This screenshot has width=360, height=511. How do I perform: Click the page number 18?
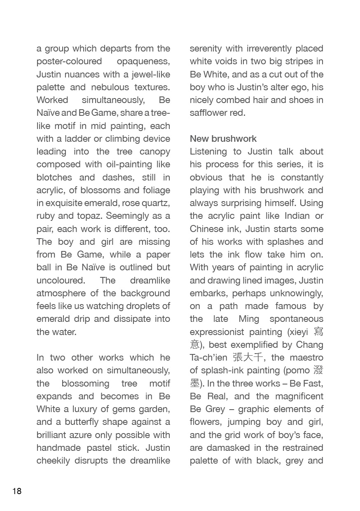(17, 491)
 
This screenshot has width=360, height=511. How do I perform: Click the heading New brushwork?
(223, 138)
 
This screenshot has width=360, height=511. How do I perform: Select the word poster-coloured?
(69, 61)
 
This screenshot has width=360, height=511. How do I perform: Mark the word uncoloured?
(61, 280)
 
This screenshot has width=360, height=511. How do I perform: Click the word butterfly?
(80, 422)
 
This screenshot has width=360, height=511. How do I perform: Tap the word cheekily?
(53, 460)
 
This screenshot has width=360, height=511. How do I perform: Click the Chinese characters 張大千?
(248, 357)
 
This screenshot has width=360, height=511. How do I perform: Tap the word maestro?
(306, 357)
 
